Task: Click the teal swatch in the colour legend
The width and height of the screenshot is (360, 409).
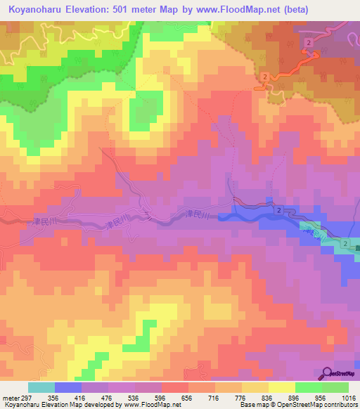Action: pyautogui.click(x=41, y=387)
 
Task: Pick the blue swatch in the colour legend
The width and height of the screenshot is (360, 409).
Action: pyautogui.click(x=68, y=387)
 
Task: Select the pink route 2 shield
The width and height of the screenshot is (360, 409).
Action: pyautogui.click(x=309, y=44)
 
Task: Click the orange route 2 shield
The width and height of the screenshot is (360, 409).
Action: pyautogui.click(x=263, y=76)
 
